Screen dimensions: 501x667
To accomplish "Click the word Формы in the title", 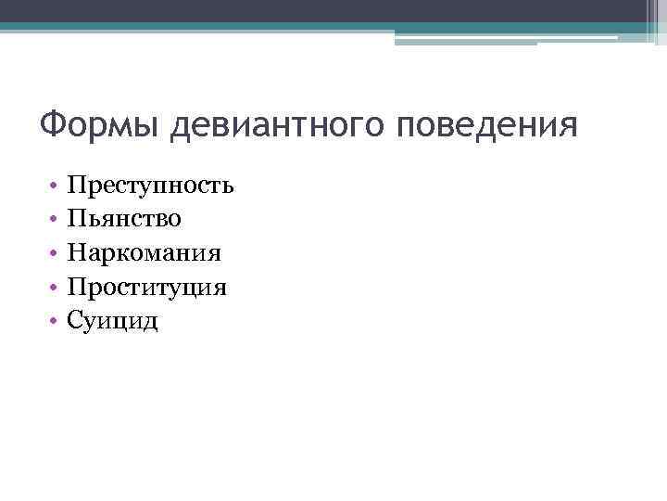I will click(x=102, y=123).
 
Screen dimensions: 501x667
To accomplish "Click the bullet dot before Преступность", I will click(x=57, y=186).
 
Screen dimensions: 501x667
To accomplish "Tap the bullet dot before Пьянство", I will click(x=57, y=220).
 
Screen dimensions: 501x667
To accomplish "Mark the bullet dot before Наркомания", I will click(x=57, y=253).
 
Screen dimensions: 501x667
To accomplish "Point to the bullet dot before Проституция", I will click(x=57, y=288).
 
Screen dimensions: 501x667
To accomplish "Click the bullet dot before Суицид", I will click(x=57, y=321).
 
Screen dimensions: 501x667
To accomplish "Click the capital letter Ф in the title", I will click(x=53, y=123).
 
